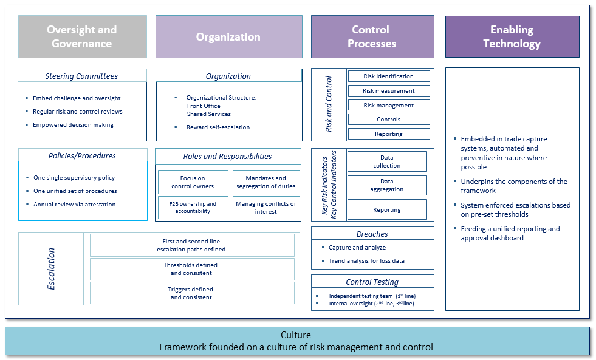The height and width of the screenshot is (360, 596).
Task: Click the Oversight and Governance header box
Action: (82, 37)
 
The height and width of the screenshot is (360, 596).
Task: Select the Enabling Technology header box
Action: (512, 37)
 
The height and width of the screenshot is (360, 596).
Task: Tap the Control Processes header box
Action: (372, 37)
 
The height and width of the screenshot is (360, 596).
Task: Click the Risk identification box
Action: (389, 76)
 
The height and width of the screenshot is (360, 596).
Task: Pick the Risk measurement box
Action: (389, 91)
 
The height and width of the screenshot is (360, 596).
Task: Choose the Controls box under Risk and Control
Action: (389, 120)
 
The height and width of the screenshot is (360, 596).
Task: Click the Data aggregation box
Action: (387, 185)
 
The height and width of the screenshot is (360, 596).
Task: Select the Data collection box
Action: (387, 161)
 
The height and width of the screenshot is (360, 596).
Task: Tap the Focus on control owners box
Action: (193, 182)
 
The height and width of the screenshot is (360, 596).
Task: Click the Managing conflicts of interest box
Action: (266, 208)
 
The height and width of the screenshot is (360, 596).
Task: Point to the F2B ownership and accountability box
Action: (193, 208)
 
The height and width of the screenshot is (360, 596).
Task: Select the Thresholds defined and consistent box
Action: (192, 269)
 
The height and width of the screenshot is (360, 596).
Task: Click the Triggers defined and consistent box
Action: (192, 293)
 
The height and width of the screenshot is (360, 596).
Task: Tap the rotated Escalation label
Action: (52, 268)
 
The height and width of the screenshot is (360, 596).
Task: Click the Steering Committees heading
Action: (81, 76)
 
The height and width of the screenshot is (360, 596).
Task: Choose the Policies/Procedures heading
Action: (82, 155)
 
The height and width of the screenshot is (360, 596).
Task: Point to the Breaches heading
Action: (372, 234)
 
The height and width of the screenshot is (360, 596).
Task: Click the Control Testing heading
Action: (372, 282)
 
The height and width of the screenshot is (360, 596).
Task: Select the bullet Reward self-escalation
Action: (218, 127)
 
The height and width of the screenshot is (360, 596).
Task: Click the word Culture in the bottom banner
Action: (296, 335)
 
